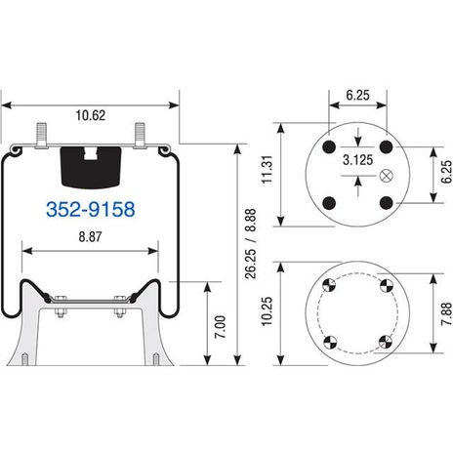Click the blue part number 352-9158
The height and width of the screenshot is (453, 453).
pyautogui.click(x=91, y=209)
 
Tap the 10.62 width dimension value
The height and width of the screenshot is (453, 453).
pyautogui.click(x=91, y=115)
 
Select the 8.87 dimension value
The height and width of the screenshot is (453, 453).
pyautogui.click(x=90, y=236)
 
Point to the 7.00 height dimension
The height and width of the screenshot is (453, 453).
pyautogui.click(x=222, y=327)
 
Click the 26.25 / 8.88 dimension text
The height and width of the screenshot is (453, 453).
pyautogui.click(x=251, y=244)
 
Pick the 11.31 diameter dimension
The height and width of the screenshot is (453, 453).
pyautogui.click(x=268, y=169)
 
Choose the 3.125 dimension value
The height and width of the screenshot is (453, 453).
pyautogui.click(x=357, y=160)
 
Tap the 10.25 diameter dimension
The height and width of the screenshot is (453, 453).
pyautogui.click(x=267, y=310)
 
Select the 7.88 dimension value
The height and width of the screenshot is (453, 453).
pyautogui.click(x=447, y=313)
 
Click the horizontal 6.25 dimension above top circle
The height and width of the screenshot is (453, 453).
pyautogui.click(x=357, y=95)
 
